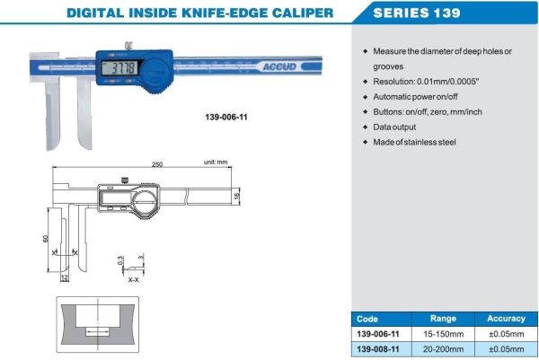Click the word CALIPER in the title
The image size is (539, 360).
click(x=294, y=13)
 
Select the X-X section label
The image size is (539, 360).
click(x=134, y=280)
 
